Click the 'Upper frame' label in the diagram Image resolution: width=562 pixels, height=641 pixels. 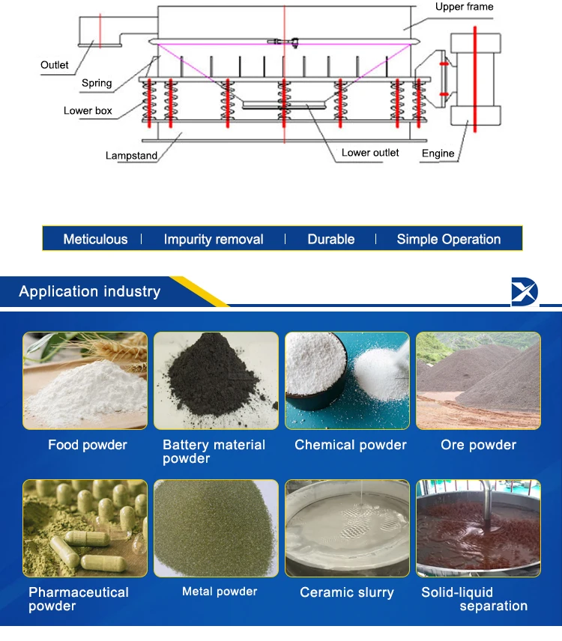pyautogui.click(x=465, y=7)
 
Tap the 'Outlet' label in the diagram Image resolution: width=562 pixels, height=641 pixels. pyautogui.click(x=55, y=65)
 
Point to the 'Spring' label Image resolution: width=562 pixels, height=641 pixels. pyautogui.click(x=97, y=83)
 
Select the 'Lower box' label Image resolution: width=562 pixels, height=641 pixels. pyautogui.click(x=88, y=111)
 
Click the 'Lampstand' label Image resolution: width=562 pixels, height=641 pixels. pyautogui.click(x=131, y=156)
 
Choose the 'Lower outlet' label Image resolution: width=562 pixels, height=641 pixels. pyautogui.click(x=370, y=153)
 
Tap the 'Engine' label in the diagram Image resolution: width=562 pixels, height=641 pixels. pyautogui.click(x=438, y=154)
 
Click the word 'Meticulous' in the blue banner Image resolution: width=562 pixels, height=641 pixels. pyautogui.click(x=95, y=240)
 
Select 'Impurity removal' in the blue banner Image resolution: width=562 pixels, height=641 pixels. pyautogui.click(x=214, y=240)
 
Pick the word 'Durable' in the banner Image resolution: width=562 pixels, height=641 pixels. pyautogui.click(x=331, y=240)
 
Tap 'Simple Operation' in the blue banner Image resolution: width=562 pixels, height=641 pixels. pyautogui.click(x=449, y=240)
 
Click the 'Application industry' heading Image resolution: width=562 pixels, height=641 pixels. pyautogui.click(x=90, y=291)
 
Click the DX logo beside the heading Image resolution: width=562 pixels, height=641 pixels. pyautogui.click(x=525, y=291)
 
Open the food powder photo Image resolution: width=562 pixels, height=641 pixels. pyautogui.click(x=85, y=380)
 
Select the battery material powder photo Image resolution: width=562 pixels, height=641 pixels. pyautogui.click(x=216, y=380)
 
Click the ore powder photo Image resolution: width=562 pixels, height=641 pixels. pyautogui.click(x=478, y=380)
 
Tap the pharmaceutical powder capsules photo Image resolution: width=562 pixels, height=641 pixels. pyautogui.click(x=85, y=528)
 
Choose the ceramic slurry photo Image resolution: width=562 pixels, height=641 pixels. pyautogui.click(x=347, y=528)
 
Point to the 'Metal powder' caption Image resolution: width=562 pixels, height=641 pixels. pyautogui.click(x=220, y=592)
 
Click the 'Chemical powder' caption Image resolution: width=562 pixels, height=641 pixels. pyautogui.click(x=351, y=445)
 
